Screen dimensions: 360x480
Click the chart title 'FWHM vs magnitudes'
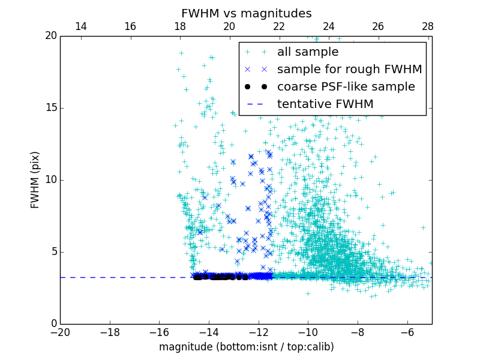[246, 13]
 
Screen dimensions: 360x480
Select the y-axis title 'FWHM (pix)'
[35, 179]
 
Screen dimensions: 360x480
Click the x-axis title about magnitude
[246, 347]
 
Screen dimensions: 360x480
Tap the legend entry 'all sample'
[308, 52]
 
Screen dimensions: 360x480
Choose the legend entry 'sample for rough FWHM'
[350, 70]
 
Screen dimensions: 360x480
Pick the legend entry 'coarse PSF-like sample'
[346, 87]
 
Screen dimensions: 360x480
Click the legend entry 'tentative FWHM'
[325, 104]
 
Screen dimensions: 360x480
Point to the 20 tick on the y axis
[50, 36]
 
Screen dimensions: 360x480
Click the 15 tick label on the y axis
[50, 108]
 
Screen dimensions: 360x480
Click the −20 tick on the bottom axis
[60, 331]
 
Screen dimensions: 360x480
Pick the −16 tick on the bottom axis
[159, 331]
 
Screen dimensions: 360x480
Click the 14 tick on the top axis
[80, 26]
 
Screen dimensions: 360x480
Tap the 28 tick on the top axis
[428, 26]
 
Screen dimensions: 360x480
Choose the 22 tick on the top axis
[279, 26]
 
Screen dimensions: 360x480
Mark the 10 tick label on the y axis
[50, 180]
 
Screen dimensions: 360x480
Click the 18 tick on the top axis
[180, 26]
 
